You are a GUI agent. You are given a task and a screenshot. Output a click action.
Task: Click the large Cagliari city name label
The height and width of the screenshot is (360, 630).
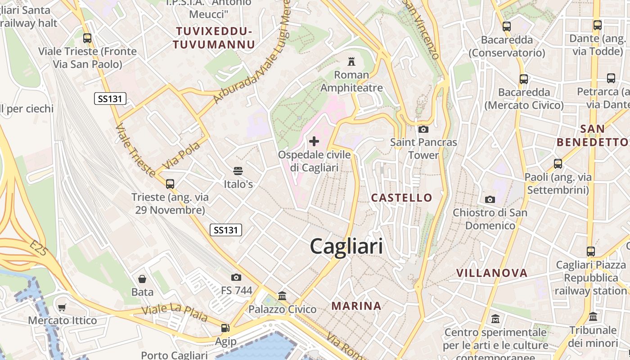click(346, 247)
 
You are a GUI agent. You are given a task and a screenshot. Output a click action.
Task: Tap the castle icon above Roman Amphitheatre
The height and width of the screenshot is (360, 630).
click(351, 62)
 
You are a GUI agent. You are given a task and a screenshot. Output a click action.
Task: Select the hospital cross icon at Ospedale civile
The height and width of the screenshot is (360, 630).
click(314, 141)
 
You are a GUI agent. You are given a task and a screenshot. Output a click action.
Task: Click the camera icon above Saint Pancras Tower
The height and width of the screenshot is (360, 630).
click(423, 129)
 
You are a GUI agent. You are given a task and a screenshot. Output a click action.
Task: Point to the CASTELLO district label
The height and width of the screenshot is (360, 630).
click(401, 198)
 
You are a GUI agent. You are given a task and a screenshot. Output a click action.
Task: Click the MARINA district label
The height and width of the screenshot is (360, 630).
click(356, 306)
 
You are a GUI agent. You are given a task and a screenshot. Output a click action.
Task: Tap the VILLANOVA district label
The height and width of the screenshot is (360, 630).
click(492, 273)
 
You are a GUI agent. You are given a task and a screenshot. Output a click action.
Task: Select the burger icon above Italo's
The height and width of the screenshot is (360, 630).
click(238, 171)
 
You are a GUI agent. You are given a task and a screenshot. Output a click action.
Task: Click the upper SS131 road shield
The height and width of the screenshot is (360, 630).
click(110, 99)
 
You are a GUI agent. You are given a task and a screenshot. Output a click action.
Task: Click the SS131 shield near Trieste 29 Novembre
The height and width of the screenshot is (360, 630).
click(226, 230)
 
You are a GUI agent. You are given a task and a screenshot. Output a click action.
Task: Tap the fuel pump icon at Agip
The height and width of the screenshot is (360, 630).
click(225, 328)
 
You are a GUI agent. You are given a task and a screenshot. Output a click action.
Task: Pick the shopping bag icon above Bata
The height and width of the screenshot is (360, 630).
click(142, 279)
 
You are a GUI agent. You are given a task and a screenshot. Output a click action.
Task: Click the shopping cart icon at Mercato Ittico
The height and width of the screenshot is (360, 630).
click(62, 307)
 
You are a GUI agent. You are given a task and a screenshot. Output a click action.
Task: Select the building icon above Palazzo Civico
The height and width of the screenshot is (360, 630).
click(282, 296)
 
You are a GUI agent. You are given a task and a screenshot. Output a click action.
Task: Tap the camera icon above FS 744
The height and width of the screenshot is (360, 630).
click(236, 277)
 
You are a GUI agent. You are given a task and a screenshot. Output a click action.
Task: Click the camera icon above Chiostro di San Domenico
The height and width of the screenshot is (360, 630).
click(490, 199)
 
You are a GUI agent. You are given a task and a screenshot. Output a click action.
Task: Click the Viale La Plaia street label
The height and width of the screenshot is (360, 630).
click(175, 313)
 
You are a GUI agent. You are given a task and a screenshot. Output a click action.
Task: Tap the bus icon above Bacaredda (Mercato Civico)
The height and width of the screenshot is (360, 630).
click(524, 79)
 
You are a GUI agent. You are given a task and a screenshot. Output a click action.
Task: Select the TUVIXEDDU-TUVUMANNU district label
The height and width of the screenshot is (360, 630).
click(214, 38)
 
